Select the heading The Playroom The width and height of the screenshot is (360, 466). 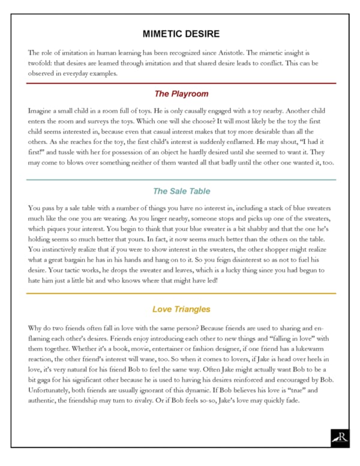pos(181,94)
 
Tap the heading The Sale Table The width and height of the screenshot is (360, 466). pos(181,191)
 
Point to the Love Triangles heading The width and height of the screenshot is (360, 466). pos(181,309)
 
